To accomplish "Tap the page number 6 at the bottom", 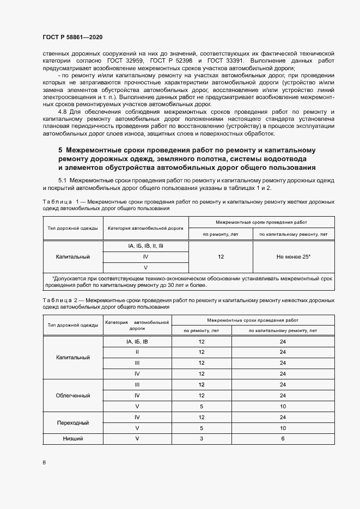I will pos(44,462).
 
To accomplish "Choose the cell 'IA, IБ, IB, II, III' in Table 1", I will pos(145,246).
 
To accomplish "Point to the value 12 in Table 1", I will pos(221,256).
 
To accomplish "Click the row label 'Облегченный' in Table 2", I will pos(73,395).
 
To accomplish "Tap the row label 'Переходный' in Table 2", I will pos(73,422).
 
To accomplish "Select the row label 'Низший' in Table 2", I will pos(73,439).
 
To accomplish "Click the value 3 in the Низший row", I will pos(202,439).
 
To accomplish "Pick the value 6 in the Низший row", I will pos(283,439).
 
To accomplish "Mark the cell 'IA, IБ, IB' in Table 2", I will pos(137,341).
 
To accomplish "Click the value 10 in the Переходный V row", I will pos(283,428).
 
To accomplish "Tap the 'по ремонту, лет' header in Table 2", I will pos(202,330).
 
